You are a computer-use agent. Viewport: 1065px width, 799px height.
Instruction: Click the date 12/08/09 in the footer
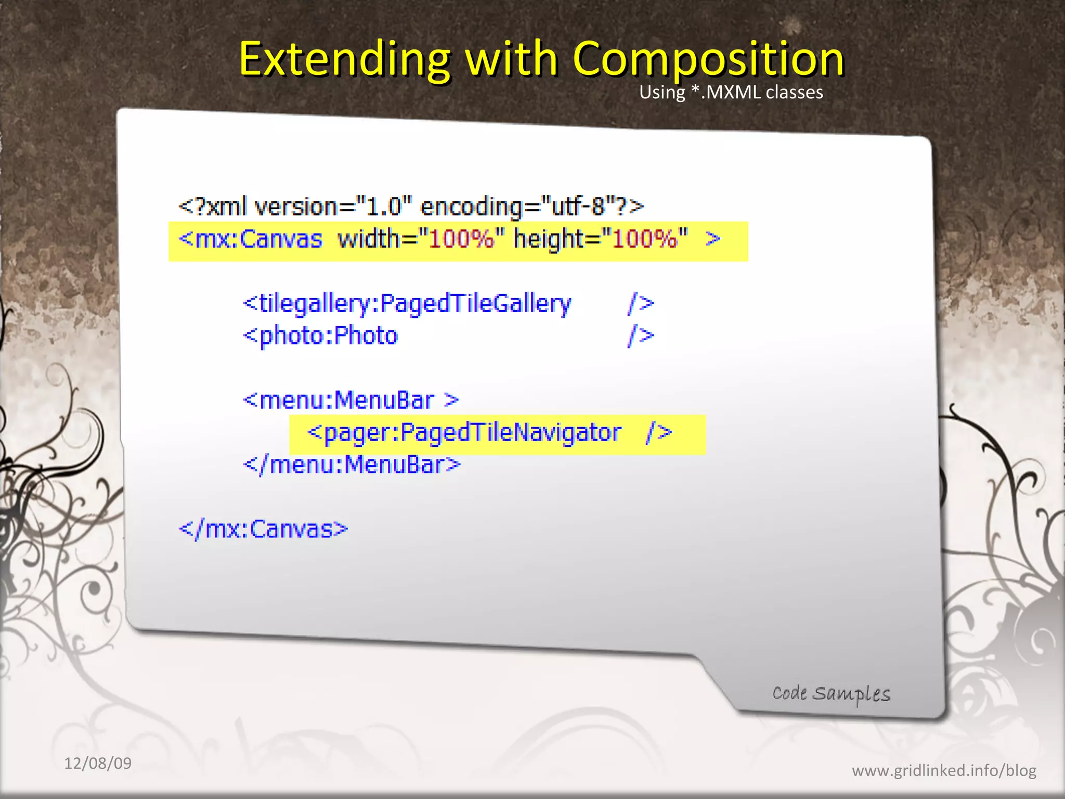[98, 763]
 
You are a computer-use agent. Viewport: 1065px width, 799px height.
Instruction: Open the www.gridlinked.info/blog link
[944, 770]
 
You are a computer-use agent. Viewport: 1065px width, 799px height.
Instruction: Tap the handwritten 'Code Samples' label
[831, 693]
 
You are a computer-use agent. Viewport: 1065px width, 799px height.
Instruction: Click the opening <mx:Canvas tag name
[251, 239]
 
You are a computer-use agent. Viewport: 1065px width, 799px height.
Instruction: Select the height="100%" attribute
[601, 239]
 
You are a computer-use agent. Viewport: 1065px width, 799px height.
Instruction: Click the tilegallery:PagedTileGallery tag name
[407, 303]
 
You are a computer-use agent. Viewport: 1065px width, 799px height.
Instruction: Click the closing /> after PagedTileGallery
[641, 303]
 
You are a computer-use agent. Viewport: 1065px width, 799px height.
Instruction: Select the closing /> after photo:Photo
[641, 336]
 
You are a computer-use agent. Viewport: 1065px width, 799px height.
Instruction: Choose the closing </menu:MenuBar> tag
[352, 465]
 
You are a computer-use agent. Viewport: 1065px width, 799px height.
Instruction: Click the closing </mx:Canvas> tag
[263, 529]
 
